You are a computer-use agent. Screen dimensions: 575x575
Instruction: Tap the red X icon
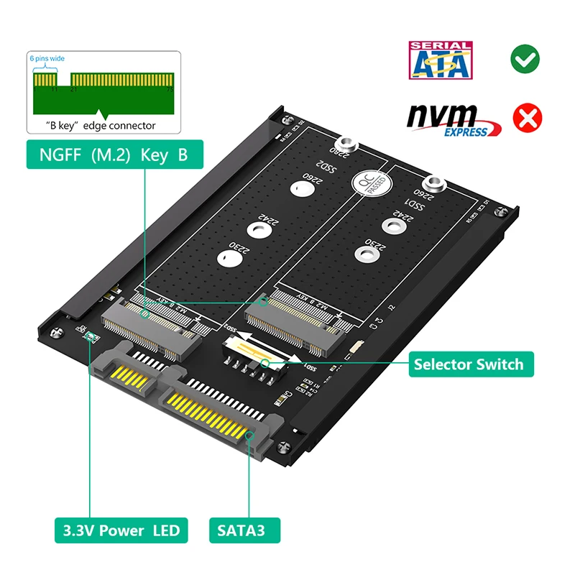(529, 117)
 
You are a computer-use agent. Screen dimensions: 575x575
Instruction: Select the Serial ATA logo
(440, 60)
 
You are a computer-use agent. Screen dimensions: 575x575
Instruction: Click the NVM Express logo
(451, 119)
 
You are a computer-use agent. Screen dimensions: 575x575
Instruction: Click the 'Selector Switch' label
(468, 364)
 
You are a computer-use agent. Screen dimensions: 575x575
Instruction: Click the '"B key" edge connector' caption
(105, 125)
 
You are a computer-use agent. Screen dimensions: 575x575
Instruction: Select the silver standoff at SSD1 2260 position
(434, 185)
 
